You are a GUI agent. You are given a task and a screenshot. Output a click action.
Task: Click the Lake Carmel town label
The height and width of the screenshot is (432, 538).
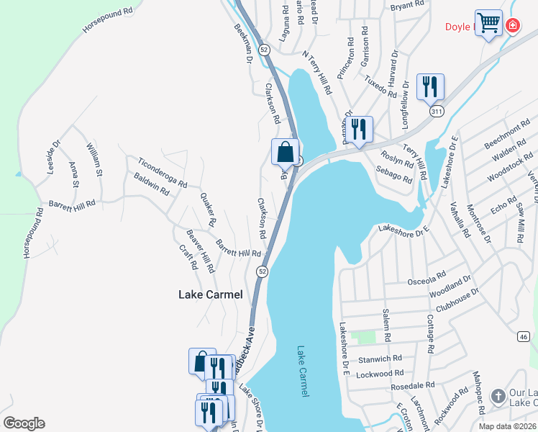pos(211,294)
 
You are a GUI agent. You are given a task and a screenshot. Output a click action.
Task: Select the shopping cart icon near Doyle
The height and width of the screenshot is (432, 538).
pos(488,23)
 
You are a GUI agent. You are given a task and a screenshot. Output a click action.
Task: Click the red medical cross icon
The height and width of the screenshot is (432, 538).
pos(512,26)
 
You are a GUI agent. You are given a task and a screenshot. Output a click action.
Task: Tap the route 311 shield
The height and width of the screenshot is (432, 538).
pos(437,112)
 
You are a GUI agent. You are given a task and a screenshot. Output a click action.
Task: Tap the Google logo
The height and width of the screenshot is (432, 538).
pos(24,423)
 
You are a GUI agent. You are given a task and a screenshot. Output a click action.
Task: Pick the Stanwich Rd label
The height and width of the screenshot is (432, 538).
pos(383,358)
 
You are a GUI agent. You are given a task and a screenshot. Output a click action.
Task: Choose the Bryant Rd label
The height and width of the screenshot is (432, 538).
pos(408,6)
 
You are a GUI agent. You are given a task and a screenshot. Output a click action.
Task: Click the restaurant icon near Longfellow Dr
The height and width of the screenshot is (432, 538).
pos(430,87)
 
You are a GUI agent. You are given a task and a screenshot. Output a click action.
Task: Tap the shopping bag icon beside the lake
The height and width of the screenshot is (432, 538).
pos(285,153)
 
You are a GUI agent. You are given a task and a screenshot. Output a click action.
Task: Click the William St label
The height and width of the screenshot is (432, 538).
pos(95,160)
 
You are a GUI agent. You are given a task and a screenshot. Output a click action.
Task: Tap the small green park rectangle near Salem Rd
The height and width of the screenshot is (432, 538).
pos(367,336)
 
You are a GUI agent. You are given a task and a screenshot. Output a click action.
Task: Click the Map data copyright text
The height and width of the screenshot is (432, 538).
pos(507,426)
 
